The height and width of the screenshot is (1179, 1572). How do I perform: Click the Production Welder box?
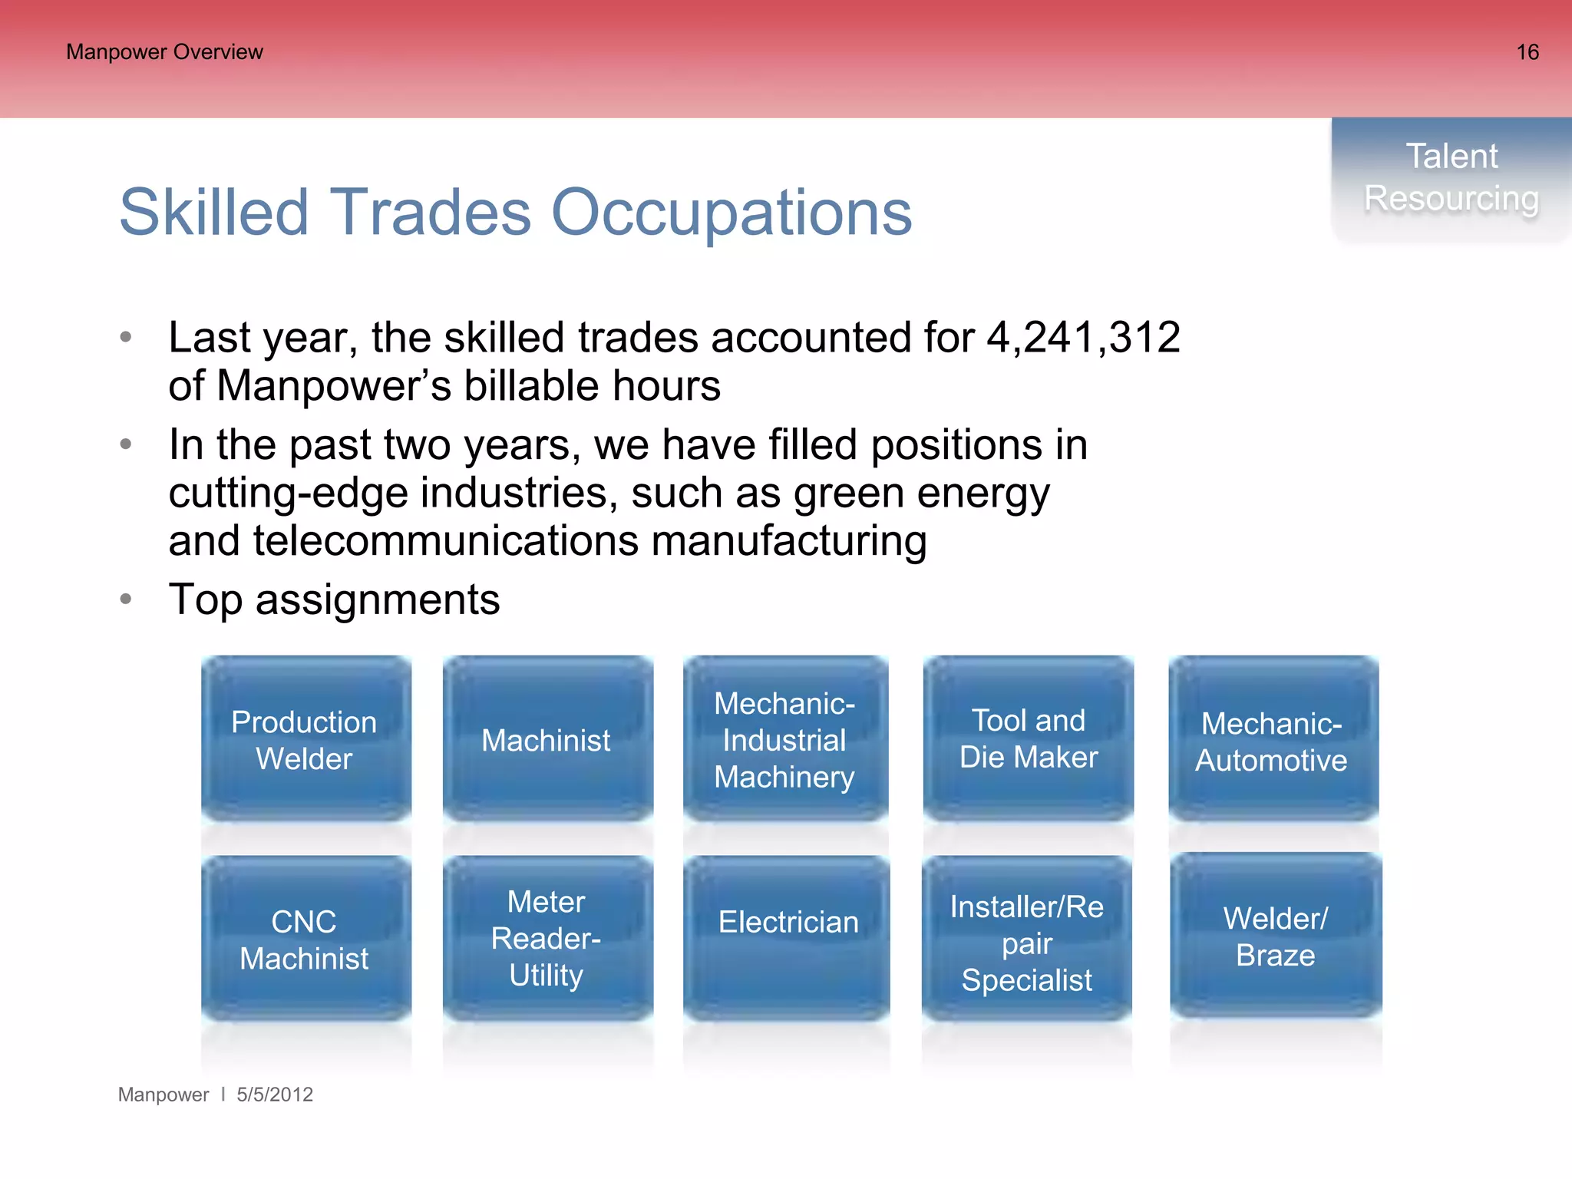pyautogui.click(x=305, y=739)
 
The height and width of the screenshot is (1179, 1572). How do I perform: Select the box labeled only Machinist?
pyautogui.click(x=547, y=739)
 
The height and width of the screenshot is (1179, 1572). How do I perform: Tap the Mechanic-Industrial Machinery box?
pyautogui.click(x=785, y=739)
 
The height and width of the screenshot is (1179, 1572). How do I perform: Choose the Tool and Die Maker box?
pyautogui.click(x=1028, y=739)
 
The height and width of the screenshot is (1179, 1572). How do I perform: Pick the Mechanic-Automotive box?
pyautogui.click(x=1273, y=739)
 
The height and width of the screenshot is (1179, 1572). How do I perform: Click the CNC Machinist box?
pyautogui.click(x=305, y=939)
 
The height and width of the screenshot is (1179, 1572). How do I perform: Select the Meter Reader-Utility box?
pyautogui.click(x=547, y=939)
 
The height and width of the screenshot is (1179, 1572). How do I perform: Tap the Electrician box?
pyautogui.click(x=787, y=939)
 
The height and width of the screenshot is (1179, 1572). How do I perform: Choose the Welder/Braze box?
pyautogui.click(x=1275, y=936)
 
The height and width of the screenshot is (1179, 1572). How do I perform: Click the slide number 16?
pyautogui.click(x=1527, y=52)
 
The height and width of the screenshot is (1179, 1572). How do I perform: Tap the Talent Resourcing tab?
pyautogui.click(x=1451, y=178)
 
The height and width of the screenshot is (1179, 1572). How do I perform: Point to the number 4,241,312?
pyautogui.click(x=1082, y=338)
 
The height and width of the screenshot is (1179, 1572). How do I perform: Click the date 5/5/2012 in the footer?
pyautogui.click(x=274, y=1095)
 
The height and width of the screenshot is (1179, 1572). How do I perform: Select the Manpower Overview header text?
pyautogui.click(x=164, y=52)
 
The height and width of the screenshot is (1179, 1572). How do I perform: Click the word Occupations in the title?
pyautogui.click(x=732, y=213)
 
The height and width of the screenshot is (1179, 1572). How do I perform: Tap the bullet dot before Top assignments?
pyautogui.click(x=127, y=599)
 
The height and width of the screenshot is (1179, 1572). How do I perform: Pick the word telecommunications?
pyautogui.click(x=446, y=541)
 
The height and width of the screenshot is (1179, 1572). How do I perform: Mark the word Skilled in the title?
pyautogui.click(x=213, y=213)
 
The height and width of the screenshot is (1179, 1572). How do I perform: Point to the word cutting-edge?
pyautogui.click(x=288, y=494)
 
